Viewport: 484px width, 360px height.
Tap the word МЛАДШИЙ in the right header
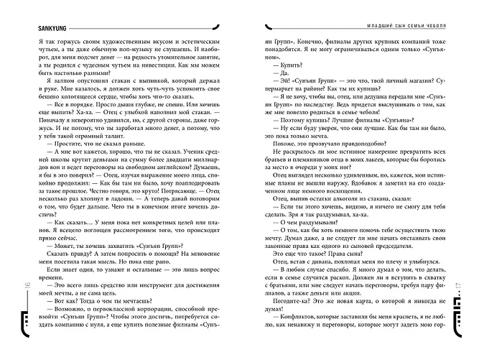tap(352, 25)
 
